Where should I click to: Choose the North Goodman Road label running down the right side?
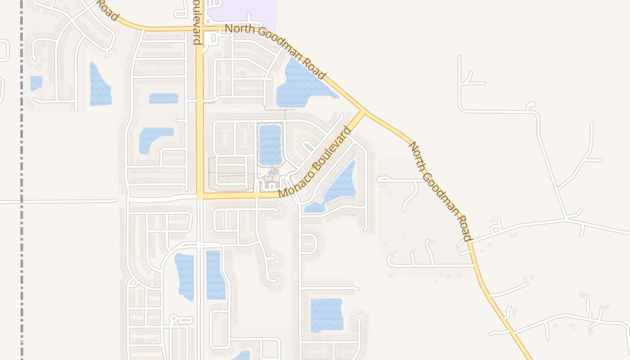pyautogui.click(x=440, y=191)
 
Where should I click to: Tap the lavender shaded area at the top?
pyautogui.click(x=243, y=11)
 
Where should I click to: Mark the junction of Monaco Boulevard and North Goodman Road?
pyautogui.click(x=364, y=111)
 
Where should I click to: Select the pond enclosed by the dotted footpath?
pyautogui.click(x=270, y=144)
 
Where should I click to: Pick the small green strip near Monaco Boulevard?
pyautogui.click(x=308, y=146)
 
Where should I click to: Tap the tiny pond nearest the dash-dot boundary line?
pyautogui.click(x=36, y=83)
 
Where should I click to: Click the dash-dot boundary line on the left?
pyautogui.click(x=21, y=180)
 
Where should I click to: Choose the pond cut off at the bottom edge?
pyautogui.click(x=242, y=356)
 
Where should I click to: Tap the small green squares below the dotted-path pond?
pyautogui.click(x=271, y=184)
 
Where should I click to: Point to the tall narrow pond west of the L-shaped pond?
pyautogui.click(x=99, y=85)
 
